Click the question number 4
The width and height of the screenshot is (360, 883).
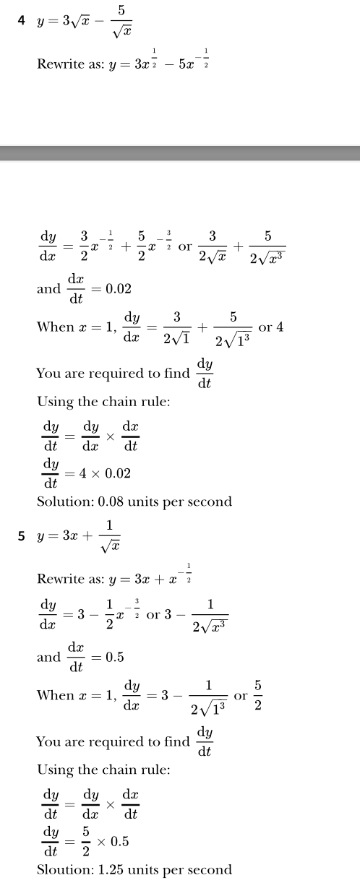22,20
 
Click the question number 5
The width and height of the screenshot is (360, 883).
22,536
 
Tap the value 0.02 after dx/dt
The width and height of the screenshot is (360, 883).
119,288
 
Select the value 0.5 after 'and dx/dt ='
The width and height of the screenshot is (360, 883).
114,657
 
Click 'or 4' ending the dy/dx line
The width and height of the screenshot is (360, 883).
271,327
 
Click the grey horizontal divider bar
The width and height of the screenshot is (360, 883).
180,153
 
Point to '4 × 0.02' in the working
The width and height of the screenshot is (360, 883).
103,473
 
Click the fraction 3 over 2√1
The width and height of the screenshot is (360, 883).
176,327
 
